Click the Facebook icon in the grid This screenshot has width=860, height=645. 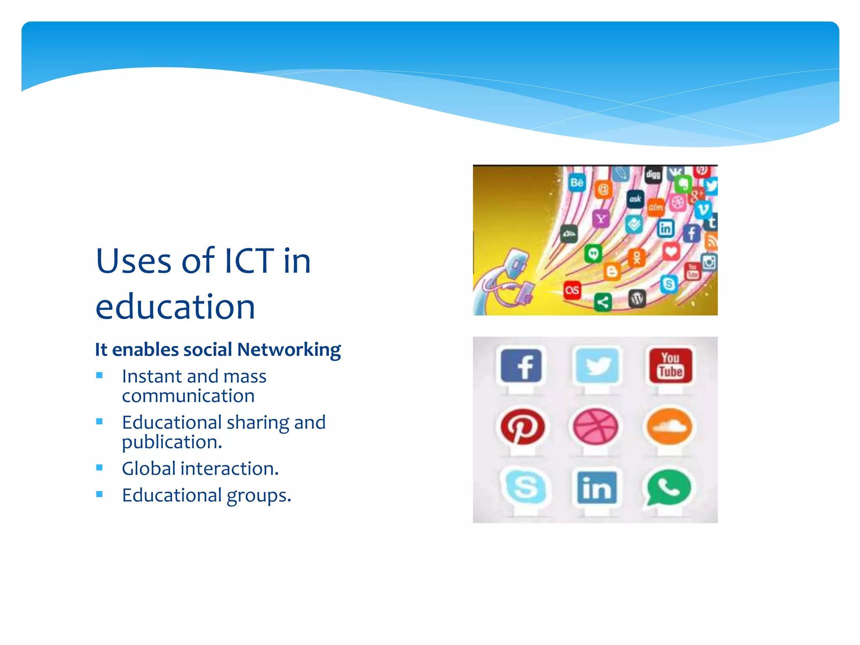pyautogui.click(x=521, y=365)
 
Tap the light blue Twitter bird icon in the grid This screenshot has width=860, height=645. pyautogui.click(x=596, y=365)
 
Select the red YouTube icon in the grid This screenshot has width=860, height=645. pyautogui.click(x=670, y=365)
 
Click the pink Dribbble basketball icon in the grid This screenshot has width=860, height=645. pyautogui.click(x=595, y=427)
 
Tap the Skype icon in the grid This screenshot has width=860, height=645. pyautogui.click(x=525, y=487)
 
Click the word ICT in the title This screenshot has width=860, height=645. pyautogui.click(x=249, y=261)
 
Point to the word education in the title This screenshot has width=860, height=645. pyautogui.click(x=175, y=307)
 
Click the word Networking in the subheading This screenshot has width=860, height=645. pyautogui.click(x=289, y=350)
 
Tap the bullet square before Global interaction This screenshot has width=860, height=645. pyautogui.click(x=100, y=467)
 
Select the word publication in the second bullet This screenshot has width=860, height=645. pyautogui.click(x=172, y=442)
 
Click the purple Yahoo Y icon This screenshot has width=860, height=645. pyautogui.click(x=601, y=218)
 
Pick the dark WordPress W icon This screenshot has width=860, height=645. pyautogui.click(x=637, y=299)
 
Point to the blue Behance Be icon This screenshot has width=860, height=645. pyautogui.click(x=577, y=183)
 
